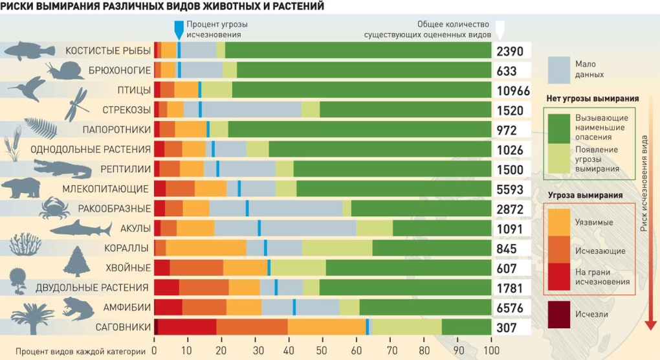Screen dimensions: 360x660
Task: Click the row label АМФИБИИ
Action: pos(127,308)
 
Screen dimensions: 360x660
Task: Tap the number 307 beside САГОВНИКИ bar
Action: pos(506,328)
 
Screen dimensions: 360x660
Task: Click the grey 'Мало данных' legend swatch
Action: pos(558,69)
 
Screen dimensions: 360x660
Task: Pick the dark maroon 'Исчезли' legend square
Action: pos(558,314)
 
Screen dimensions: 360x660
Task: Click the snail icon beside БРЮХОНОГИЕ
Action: pos(65,69)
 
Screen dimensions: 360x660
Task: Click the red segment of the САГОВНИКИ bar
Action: pos(187,328)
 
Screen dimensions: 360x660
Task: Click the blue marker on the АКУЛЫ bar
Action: pos(259,228)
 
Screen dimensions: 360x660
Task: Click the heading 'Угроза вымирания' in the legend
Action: pos(585,195)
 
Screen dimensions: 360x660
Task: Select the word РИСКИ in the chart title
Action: pos(19,6)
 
